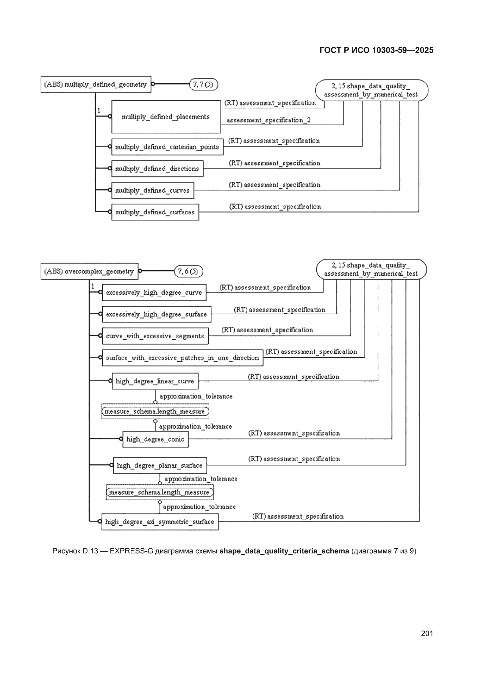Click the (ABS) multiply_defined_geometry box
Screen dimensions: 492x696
pos(96,84)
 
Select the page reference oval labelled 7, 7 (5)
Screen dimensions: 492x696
pos(203,84)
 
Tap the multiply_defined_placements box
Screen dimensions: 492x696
pos(166,117)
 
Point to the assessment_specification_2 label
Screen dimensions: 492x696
pos(268,120)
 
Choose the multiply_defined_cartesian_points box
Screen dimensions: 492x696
pos(167,147)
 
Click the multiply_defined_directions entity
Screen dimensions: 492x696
pos(157,168)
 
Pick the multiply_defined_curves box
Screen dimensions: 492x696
pos(153,190)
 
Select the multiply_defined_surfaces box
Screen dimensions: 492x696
pos(155,212)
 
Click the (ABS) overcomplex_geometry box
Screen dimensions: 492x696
pos(89,271)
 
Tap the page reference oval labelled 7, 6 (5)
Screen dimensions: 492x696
pos(188,271)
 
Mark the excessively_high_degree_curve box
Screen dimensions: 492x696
pos(154,293)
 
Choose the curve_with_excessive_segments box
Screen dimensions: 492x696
pos(155,336)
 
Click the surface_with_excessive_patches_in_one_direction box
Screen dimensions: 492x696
pos(182,358)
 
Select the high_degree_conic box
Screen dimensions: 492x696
pos(155,439)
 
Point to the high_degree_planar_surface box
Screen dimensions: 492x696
pos(160,465)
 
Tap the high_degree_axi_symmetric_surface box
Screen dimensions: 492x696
pos(160,522)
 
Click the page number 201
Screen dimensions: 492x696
pos(427,633)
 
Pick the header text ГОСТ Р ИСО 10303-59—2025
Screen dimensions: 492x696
pos(377,50)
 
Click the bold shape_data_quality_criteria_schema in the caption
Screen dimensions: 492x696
pos(284,551)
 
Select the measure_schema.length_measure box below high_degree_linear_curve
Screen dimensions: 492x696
pos(155,411)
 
